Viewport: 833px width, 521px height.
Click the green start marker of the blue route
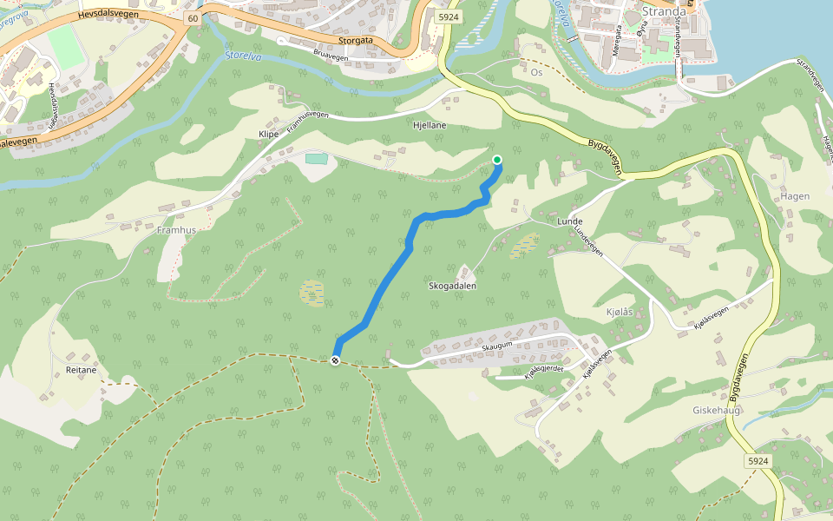tap(497, 159)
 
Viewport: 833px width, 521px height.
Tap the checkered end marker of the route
tap(336, 360)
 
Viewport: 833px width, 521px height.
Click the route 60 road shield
tap(192, 17)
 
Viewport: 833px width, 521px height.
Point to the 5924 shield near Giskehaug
tap(758, 461)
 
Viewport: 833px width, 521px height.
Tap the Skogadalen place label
tap(452, 286)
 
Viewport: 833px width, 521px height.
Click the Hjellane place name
tap(430, 125)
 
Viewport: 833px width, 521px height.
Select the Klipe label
tap(268, 135)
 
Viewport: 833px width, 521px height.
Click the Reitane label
tap(81, 370)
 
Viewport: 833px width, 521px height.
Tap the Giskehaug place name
tap(716, 410)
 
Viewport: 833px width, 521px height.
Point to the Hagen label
tap(795, 196)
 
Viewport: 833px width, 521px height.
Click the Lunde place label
tap(569, 221)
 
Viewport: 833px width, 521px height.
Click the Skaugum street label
tap(497, 346)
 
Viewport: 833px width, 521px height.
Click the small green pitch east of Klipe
tap(317, 158)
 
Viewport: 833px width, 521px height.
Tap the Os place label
tap(536, 72)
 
